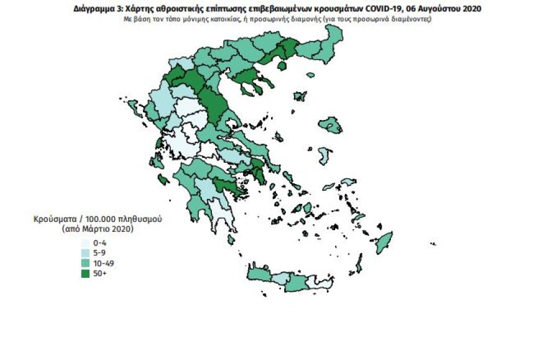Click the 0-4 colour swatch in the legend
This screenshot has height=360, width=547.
(85, 243)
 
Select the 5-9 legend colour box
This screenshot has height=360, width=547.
(85, 253)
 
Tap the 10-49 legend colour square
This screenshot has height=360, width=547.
(85, 263)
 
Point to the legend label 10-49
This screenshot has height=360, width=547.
(102, 263)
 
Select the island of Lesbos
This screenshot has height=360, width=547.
(329, 124)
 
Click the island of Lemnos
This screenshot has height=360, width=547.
(300, 96)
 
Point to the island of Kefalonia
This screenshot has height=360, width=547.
(164, 180)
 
